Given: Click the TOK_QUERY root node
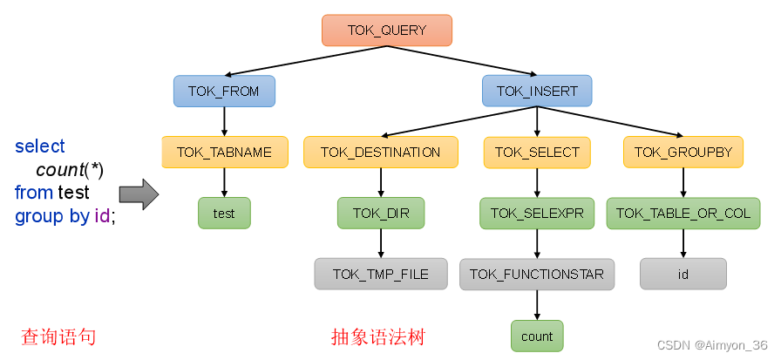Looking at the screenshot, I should pyautogui.click(x=387, y=31).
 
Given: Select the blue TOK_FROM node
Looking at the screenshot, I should pyautogui.click(x=224, y=91).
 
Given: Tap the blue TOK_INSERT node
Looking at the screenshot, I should pyautogui.click(x=536, y=91).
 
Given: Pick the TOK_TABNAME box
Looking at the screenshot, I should pyautogui.click(x=224, y=152).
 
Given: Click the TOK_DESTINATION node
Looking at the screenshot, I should pyautogui.click(x=380, y=152).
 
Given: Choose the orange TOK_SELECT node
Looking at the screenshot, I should pyautogui.click(x=537, y=152).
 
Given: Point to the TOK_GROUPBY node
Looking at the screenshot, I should pyautogui.click(x=683, y=152).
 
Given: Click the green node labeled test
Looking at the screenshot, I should pyautogui.click(x=224, y=213).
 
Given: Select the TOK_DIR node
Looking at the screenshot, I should pyautogui.click(x=380, y=213).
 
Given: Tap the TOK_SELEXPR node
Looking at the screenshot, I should pyautogui.click(x=537, y=213).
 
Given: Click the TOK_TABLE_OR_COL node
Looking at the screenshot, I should pyautogui.click(x=683, y=213).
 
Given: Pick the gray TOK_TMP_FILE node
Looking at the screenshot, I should pyautogui.click(x=380, y=274).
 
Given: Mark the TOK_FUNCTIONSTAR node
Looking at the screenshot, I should pyautogui.click(x=537, y=274).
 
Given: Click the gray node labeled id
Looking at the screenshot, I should pyautogui.click(x=683, y=274).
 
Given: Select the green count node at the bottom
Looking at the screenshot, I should pyautogui.click(x=537, y=336).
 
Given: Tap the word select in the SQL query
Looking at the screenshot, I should pyautogui.click(x=40, y=146).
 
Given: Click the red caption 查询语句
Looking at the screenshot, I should pyautogui.click(x=58, y=336).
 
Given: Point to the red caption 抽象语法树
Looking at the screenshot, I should pyautogui.click(x=377, y=336).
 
